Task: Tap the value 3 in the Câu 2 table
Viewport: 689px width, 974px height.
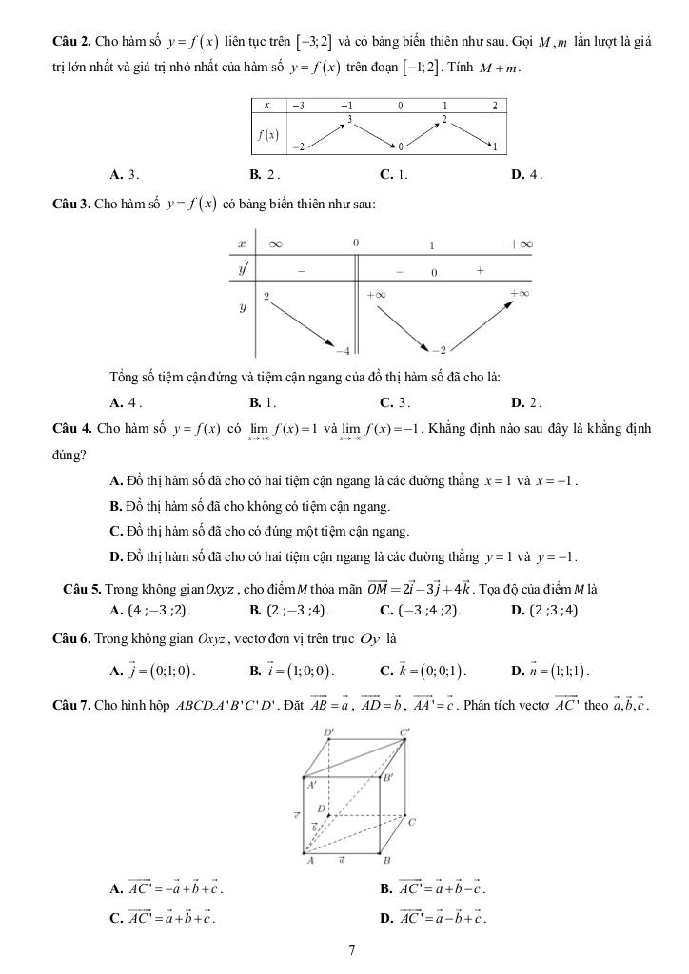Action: [350, 119]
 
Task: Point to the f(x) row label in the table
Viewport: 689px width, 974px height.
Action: [267, 134]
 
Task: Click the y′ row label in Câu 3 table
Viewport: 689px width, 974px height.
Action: [244, 270]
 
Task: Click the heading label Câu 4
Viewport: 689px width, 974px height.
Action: [71, 428]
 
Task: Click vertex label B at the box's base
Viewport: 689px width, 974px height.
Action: [386, 861]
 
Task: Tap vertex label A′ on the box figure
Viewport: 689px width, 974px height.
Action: [311, 786]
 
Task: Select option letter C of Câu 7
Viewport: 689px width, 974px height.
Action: [115, 919]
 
